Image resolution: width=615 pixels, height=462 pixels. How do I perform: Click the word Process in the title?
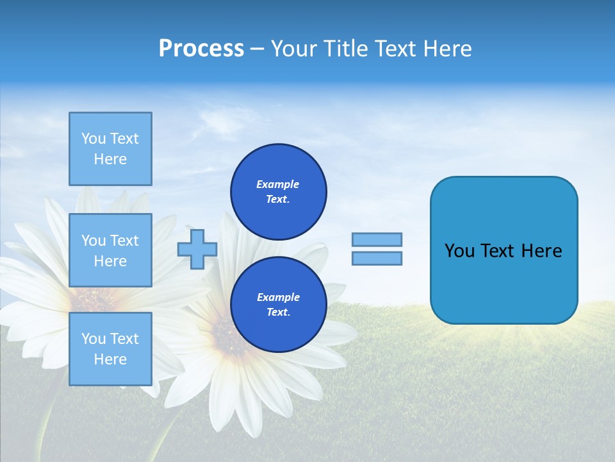[x=201, y=49]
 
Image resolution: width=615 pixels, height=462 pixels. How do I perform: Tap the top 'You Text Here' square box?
[x=110, y=149]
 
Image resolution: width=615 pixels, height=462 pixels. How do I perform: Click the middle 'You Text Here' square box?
[x=110, y=250]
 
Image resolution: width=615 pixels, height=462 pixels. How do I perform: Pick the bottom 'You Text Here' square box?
[x=110, y=349]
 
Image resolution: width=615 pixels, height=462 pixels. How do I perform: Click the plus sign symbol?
[x=197, y=249]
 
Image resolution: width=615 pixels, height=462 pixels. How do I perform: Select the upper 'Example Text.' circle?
[x=278, y=191]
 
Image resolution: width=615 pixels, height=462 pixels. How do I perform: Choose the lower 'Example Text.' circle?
[x=278, y=304]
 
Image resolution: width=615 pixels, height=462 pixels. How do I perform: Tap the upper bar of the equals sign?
[x=377, y=239]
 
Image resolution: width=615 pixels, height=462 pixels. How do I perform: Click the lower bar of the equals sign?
[x=377, y=258]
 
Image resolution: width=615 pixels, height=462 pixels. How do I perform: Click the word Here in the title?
[x=448, y=49]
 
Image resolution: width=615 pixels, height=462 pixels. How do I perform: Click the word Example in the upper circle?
[x=278, y=184]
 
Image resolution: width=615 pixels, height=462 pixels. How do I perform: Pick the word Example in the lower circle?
[x=278, y=297]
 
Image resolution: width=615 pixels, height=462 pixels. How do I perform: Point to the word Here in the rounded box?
[x=542, y=251]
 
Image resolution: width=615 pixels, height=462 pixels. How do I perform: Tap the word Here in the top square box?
[x=110, y=159]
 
